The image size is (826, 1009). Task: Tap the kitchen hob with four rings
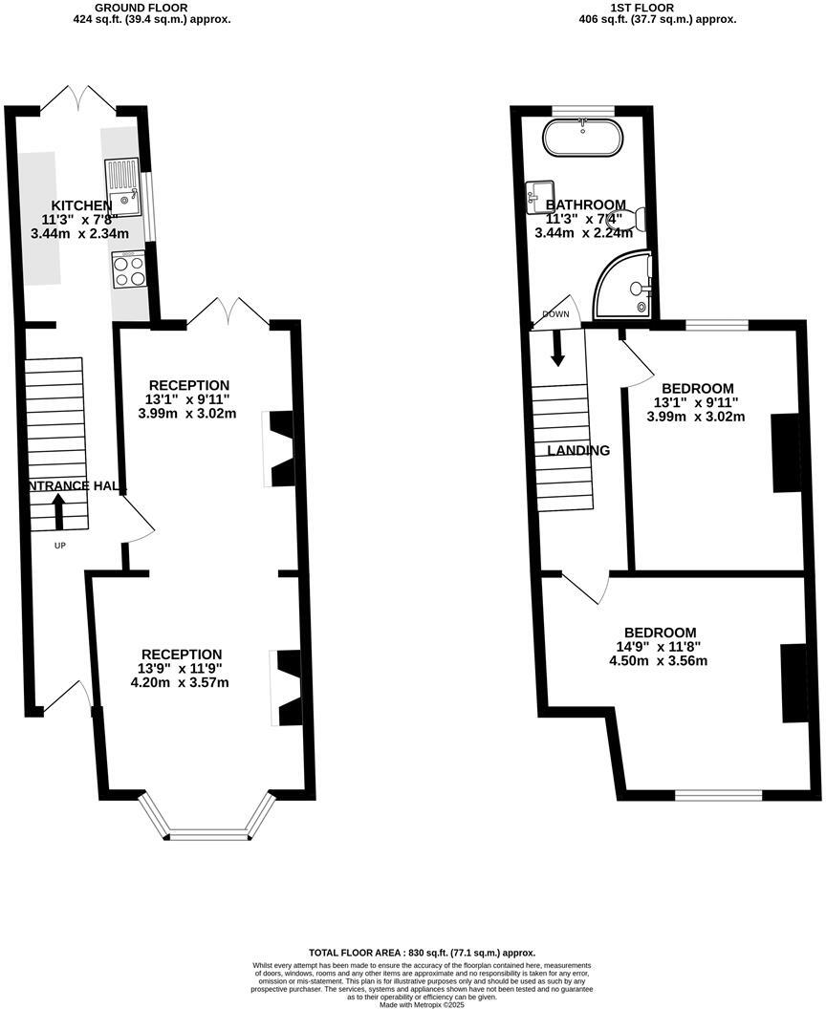coord(128,268)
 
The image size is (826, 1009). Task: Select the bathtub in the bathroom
coord(583,138)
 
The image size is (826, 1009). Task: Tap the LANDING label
coord(578,450)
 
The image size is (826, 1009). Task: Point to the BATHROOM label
coord(585,204)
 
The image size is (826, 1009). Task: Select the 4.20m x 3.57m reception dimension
coord(180,682)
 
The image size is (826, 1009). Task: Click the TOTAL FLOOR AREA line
coord(422,953)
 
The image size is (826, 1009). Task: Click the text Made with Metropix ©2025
coord(422,1004)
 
